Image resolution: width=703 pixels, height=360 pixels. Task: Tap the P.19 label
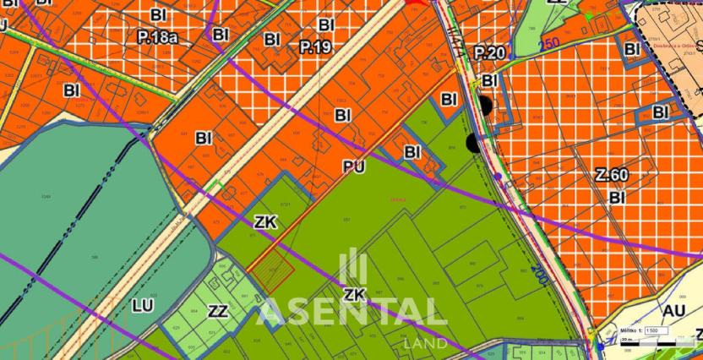tap(315, 48)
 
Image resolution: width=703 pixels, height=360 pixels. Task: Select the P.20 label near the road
tap(489, 53)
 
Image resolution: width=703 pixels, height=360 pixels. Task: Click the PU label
tap(354, 168)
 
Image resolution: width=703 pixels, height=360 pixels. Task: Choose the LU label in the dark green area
tap(142, 304)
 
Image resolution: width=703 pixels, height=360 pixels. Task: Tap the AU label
tap(673, 311)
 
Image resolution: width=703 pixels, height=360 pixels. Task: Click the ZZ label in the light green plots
tap(218, 311)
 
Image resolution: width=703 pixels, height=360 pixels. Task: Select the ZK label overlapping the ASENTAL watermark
tap(354, 293)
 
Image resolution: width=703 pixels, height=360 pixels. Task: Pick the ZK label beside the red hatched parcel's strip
tap(265, 222)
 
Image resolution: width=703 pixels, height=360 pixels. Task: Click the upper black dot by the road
tap(484, 106)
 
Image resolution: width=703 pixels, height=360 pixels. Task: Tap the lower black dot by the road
tap(471, 143)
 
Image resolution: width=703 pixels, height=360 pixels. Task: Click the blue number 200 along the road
tap(540, 274)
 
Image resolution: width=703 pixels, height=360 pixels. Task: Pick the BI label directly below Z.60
tap(617, 197)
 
